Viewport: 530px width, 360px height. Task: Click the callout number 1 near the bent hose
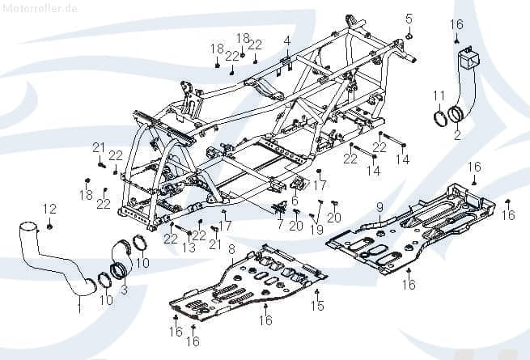click(78, 308)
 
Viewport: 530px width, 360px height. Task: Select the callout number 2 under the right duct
click(456, 136)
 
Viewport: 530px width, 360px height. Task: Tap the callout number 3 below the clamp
click(124, 288)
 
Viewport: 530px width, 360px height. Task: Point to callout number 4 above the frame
click(286, 40)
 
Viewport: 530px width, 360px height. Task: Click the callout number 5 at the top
click(409, 18)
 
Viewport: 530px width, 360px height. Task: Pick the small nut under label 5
click(409, 36)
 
